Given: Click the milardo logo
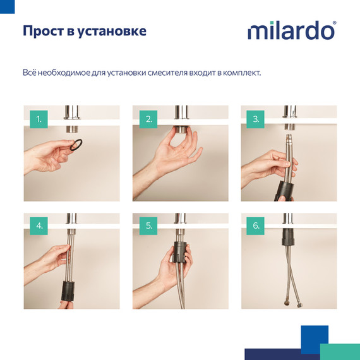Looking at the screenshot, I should click(x=291, y=31).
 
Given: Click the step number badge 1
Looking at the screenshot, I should click(x=39, y=119).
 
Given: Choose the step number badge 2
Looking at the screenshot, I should click(x=148, y=119).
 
